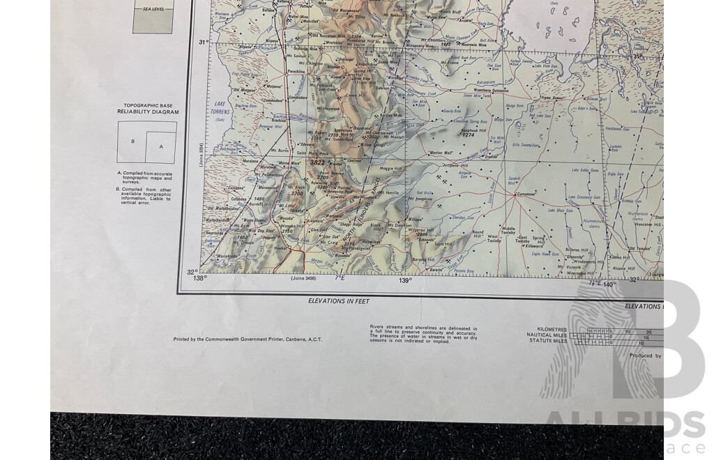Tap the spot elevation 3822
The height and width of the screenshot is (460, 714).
click(x=317, y=162)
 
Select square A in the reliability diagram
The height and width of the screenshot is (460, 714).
click(x=162, y=146)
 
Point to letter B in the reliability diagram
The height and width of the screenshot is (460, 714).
click(x=132, y=141)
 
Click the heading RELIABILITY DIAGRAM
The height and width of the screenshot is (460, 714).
click(x=148, y=112)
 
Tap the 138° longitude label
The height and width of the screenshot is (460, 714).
click(x=201, y=279)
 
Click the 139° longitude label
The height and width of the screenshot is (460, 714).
click(x=405, y=280)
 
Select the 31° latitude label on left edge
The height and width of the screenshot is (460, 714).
click(x=203, y=43)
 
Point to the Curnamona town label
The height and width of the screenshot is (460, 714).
click(x=527, y=194)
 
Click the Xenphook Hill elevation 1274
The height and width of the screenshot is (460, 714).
click(x=469, y=135)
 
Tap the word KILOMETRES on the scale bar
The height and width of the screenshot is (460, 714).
click(x=553, y=329)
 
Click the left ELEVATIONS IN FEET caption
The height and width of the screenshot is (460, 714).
click(x=338, y=301)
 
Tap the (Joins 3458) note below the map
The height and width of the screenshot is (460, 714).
click(x=303, y=279)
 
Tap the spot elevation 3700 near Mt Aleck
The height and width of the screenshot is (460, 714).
click(x=297, y=194)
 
